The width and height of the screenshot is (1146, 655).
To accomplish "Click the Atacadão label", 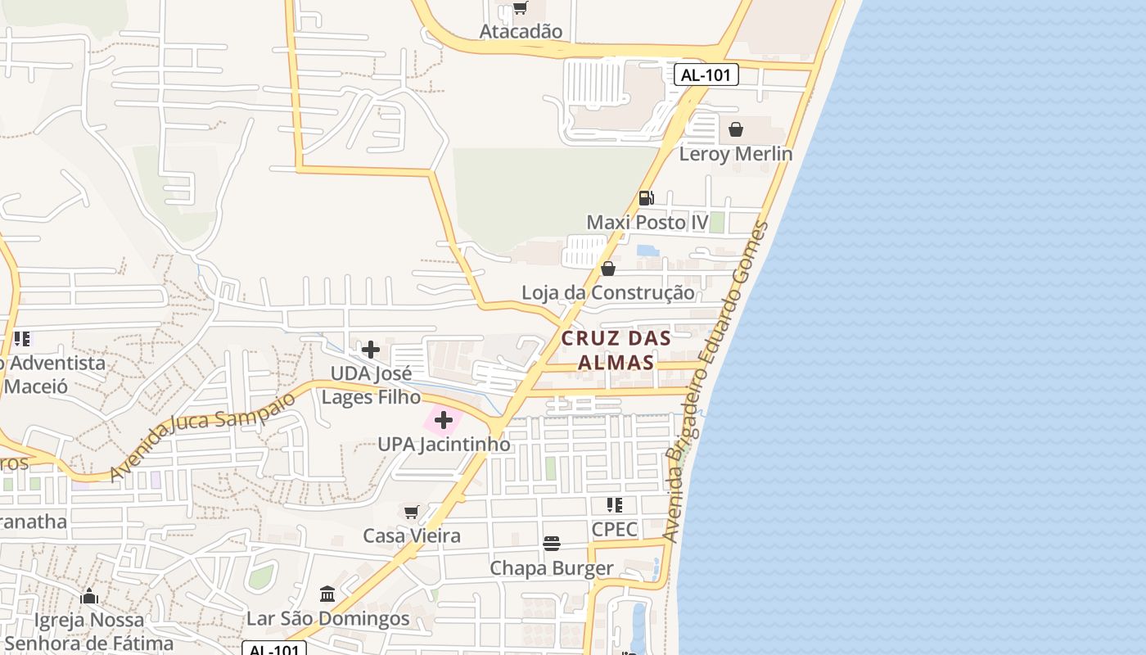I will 521,31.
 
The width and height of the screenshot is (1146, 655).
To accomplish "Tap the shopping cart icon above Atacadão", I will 520,9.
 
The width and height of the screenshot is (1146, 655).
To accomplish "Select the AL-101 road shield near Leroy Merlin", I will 706,75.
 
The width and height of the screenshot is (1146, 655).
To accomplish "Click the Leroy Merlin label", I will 736,153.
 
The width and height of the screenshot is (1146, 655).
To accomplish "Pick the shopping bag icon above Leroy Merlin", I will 736,129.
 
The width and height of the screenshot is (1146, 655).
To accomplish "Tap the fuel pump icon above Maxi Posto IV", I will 646,197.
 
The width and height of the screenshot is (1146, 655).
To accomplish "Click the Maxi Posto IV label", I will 647,222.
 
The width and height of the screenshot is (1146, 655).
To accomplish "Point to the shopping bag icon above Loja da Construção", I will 608,269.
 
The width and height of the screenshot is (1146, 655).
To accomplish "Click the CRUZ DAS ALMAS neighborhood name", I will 616,350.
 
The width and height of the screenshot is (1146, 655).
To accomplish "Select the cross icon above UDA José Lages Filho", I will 371,350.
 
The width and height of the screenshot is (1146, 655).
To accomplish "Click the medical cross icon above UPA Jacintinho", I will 444,421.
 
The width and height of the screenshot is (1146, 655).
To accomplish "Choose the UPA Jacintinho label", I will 444,445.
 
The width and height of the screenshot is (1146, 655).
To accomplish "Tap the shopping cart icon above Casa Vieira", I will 412,512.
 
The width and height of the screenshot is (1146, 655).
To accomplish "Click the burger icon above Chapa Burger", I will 552,544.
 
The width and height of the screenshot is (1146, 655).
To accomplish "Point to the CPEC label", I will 614,529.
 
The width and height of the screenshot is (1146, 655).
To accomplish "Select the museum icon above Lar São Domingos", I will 327,594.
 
